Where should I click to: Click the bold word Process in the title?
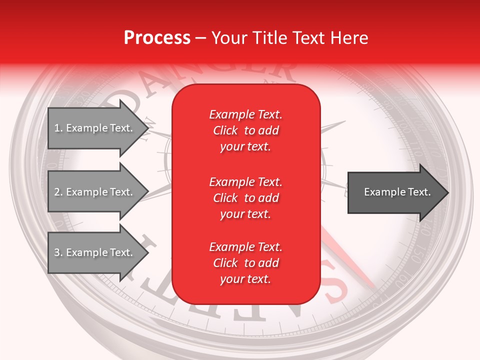click(157, 38)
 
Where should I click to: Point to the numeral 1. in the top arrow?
click(58, 128)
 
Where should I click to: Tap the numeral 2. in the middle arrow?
click(58, 192)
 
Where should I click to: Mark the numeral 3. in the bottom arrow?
click(58, 252)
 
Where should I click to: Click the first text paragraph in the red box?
click(245, 130)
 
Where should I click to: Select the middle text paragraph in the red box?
click(245, 198)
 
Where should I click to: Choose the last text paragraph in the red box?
click(245, 263)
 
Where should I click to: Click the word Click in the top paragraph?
click(225, 130)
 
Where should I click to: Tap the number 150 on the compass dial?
click(419, 252)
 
